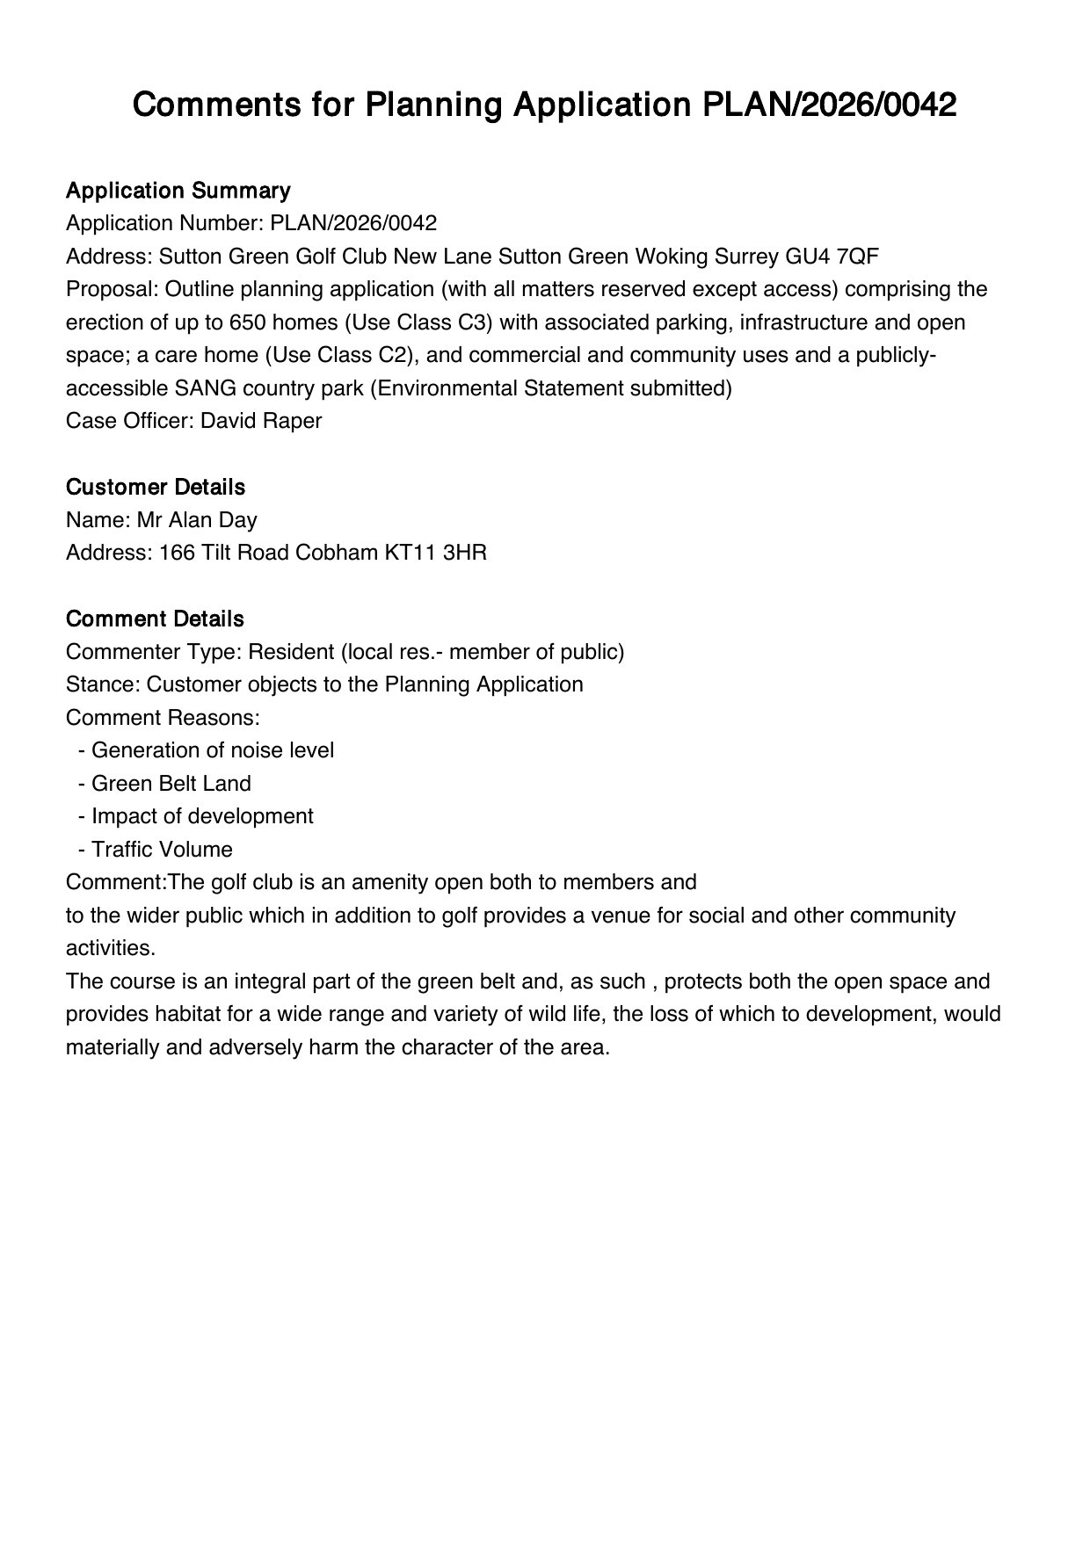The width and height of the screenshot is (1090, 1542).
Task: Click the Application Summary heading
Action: [x=178, y=191]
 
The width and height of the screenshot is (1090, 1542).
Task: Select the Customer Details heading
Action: [x=156, y=487]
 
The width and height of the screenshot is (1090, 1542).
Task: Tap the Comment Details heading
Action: [x=155, y=619]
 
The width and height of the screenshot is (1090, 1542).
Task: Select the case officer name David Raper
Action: [x=261, y=421]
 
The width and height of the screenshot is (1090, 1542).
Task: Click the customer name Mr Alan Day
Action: [x=197, y=520]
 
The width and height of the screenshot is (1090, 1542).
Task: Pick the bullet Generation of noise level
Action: [x=213, y=750]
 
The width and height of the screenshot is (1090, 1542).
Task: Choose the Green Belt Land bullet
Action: [x=171, y=784]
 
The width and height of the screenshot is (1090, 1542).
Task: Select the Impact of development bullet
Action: [x=202, y=816]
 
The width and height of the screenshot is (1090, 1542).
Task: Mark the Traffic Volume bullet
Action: [x=162, y=850]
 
